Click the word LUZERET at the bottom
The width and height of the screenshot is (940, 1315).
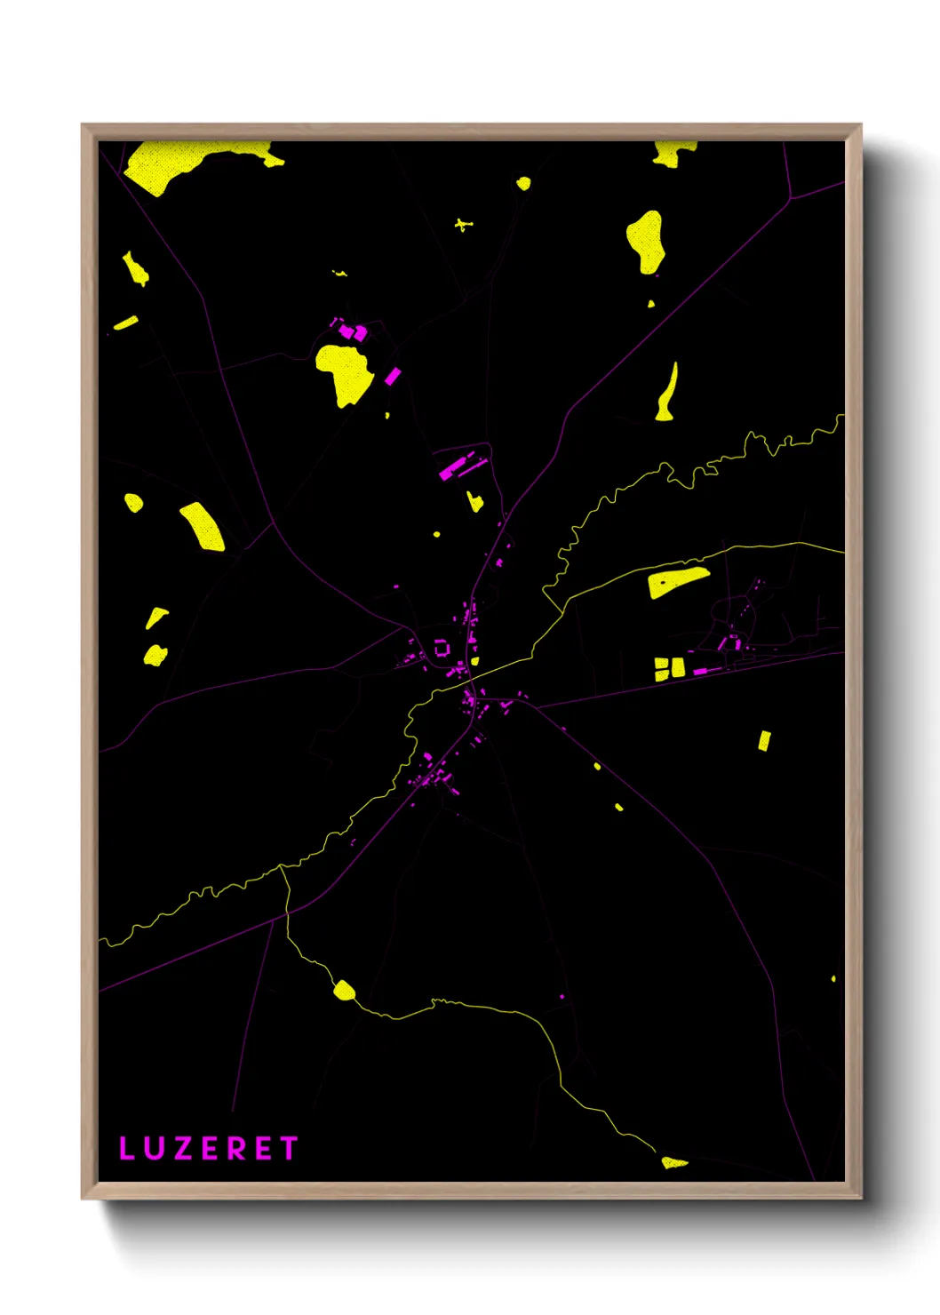208,1148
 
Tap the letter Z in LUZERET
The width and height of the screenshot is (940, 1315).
183,1148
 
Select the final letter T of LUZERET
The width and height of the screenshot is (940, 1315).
288,1148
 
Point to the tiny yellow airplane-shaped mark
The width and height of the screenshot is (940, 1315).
463,225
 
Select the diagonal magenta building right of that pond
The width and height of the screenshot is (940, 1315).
392,376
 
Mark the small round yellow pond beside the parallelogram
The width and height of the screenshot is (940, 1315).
133,503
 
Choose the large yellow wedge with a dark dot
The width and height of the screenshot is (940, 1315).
677,582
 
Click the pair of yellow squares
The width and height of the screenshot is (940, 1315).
669,668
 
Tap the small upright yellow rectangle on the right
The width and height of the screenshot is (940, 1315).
764,740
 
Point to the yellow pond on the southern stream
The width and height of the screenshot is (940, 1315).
344,990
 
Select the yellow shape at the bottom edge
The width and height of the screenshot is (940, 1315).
673,1162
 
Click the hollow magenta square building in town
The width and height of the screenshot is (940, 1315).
442,648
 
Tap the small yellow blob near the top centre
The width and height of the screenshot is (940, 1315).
523,184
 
